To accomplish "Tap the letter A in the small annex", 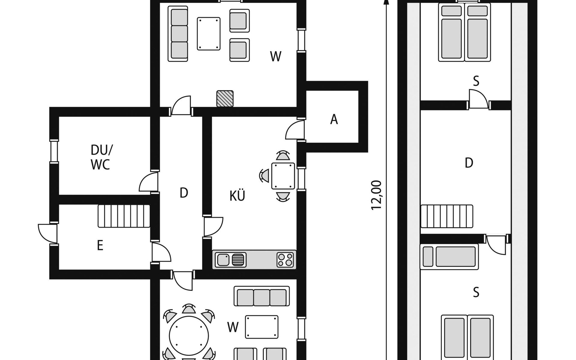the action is point(334,119).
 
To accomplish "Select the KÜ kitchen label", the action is point(237,196).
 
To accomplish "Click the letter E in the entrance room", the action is point(100,245).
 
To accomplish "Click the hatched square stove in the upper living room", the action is point(225,98).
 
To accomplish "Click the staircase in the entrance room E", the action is point(124,216).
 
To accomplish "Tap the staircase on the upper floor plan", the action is point(447,216).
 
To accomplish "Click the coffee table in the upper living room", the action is point(209,34).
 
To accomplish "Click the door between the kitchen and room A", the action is point(296,129).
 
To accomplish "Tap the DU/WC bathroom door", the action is point(149,182).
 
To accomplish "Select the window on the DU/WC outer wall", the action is point(54,151).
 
